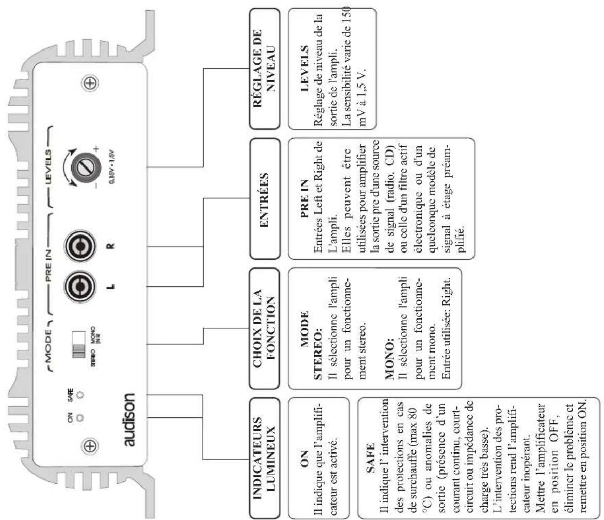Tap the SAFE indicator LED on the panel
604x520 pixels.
[80, 397]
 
